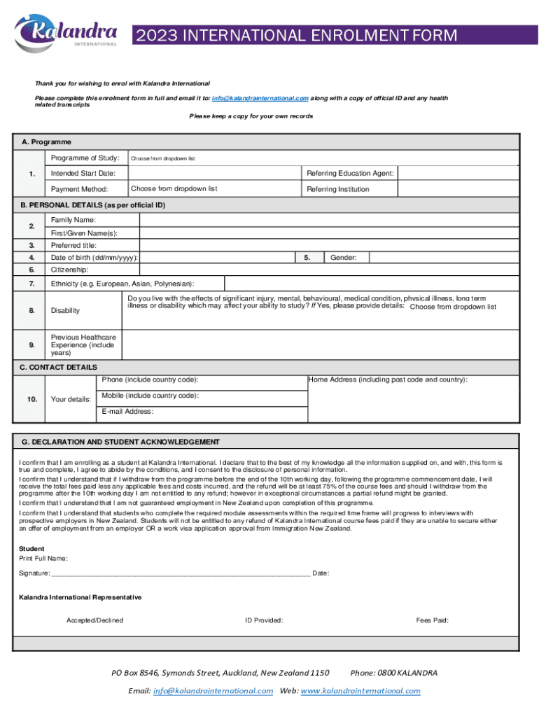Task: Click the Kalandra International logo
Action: click(x=66, y=33)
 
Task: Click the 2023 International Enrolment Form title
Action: click(x=297, y=35)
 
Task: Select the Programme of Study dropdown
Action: click(x=322, y=158)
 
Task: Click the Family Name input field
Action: click(x=329, y=220)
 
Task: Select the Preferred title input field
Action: click(x=329, y=245)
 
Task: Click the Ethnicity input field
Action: click(x=371, y=283)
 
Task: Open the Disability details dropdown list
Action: click(x=453, y=307)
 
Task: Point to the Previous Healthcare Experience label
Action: click(x=83, y=345)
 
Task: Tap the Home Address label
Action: click(x=388, y=380)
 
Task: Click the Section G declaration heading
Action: click(x=120, y=442)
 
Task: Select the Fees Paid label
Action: click(x=432, y=620)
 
